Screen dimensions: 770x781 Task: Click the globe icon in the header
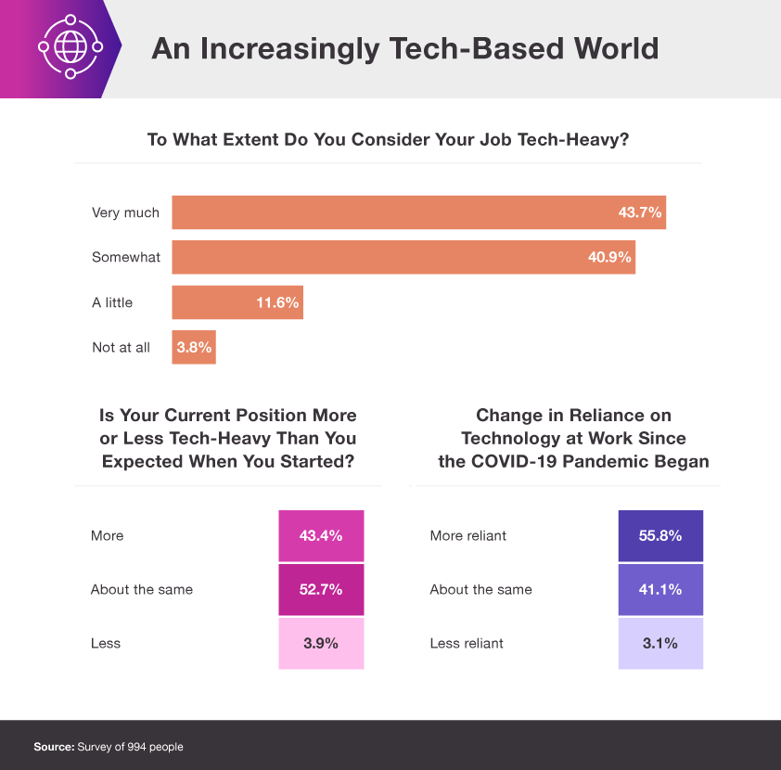coord(66,48)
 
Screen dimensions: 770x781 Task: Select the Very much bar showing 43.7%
coord(418,212)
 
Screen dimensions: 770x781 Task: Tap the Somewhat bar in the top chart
coord(403,257)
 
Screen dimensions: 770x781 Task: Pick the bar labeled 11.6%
coord(237,302)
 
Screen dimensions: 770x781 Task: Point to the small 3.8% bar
coord(194,348)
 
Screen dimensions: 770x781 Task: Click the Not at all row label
coord(121,348)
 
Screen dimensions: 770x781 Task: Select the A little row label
coord(112,302)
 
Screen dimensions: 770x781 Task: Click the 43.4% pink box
coord(321,535)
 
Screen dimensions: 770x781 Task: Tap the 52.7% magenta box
coord(321,589)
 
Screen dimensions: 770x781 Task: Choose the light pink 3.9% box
coord(321,643)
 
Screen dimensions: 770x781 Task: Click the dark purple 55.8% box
coord(660,535)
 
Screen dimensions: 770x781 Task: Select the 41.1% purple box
coord(660,589)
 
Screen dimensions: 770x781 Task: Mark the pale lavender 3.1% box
coord(660,643)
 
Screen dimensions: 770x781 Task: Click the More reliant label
coord(468,535)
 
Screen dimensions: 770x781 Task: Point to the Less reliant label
coord(467,643)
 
